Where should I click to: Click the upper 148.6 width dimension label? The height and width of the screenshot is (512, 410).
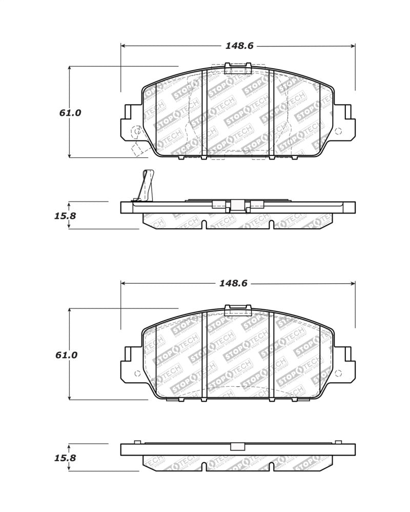click(239, 46)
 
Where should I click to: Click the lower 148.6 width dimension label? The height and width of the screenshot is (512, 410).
click(233, 283)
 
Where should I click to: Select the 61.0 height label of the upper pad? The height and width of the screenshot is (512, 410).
click(70, 113)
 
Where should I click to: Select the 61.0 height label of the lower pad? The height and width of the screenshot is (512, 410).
click(67, 355)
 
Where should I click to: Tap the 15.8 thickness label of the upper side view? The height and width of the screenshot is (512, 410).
click(65, 216)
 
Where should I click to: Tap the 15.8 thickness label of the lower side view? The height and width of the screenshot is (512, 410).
click(65, 458)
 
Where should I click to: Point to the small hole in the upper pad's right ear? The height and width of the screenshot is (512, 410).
click(338, 131)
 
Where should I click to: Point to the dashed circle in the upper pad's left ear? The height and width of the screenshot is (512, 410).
click(136, 132)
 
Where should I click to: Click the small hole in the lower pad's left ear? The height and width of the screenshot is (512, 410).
click(137, 373)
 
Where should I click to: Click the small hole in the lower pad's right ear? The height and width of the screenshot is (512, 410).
click(338, 373)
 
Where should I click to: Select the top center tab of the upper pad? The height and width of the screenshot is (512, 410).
click(238, 68)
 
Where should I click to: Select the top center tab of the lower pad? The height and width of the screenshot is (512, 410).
click(238, 309)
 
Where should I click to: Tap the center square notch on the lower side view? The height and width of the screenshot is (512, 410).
click(237, 446)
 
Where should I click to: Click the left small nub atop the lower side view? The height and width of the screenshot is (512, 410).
click(137, 442)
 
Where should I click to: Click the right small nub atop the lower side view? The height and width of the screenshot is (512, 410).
click(338, 442)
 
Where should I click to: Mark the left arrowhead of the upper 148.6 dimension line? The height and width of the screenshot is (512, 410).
click(124, 46)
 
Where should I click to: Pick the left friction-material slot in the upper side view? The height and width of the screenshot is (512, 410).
click(204, 225)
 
